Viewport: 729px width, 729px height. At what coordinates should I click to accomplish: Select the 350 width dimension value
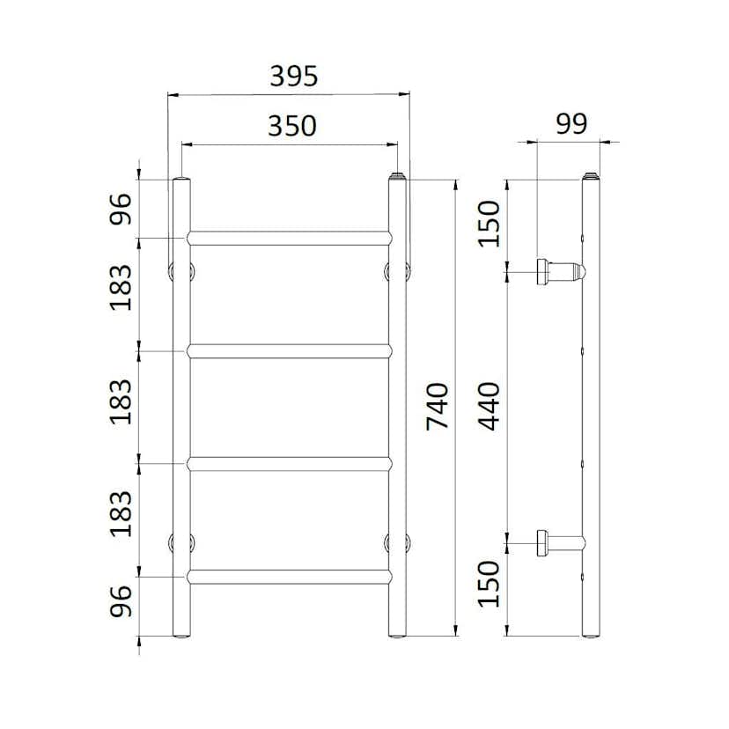291,127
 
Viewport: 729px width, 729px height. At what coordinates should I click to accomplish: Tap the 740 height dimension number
438,406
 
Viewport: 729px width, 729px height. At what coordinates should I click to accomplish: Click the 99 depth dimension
571,123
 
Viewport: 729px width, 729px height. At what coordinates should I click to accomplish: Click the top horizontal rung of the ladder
289,238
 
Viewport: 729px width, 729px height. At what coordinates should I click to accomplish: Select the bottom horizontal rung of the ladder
289,577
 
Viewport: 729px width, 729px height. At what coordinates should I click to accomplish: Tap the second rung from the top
289,350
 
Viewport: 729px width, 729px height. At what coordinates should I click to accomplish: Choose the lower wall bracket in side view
558,543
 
